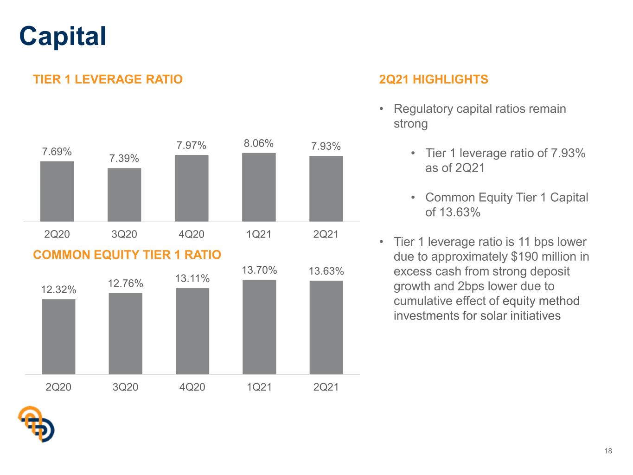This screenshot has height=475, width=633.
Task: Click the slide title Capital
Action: coord(63,37)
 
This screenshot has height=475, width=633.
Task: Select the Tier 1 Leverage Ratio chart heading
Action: coord(108,79)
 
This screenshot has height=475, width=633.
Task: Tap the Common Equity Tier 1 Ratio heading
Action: coord(127,255)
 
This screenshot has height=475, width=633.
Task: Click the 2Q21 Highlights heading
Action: coord(434,79)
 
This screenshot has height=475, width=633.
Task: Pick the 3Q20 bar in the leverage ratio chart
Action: coord(124,195)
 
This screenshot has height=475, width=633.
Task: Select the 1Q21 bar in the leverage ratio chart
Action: coord(259,187)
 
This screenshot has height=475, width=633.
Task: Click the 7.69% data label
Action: coord(57,152)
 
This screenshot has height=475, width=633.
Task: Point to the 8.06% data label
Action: coord(259,143)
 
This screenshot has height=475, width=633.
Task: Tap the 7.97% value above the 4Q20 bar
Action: coord(192,145)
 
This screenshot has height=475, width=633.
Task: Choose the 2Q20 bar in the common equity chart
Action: coord(58,337)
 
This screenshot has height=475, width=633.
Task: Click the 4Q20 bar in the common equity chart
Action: coord(192,331)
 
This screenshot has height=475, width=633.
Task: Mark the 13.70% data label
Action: coord(259,270)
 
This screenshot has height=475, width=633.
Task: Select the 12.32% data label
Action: coord(58,289)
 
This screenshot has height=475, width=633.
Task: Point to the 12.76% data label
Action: coord(126,283)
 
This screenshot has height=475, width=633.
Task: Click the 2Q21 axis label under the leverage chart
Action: coord(326,234)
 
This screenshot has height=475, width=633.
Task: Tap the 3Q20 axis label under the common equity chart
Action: coord(126,387)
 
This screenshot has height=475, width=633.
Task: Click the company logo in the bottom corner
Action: coord(36,424)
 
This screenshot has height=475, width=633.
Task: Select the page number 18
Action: coord(608,451)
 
